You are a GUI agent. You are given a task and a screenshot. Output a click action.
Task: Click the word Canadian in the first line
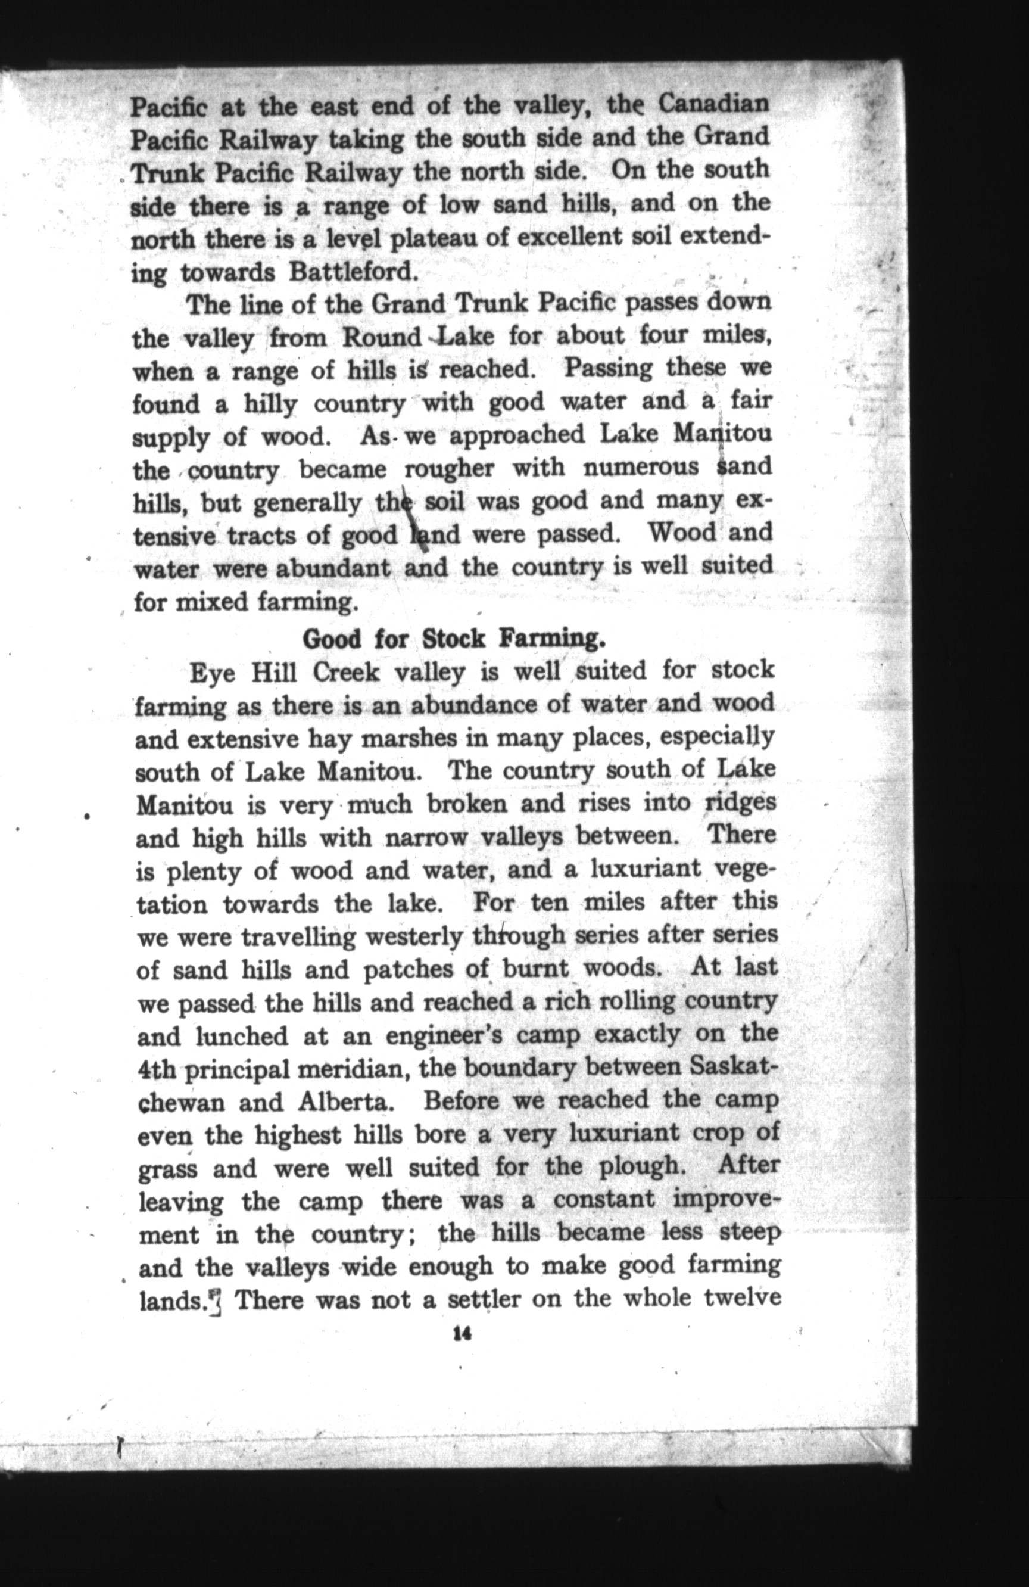click(x=714, y=104)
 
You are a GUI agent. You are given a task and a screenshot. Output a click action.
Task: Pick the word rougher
click(x=449, y=469)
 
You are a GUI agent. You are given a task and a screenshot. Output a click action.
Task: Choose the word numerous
click(x=641, y=468)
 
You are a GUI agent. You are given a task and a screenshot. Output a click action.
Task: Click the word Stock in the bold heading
click(x=454, y=639)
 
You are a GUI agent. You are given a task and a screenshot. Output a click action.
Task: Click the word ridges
click(x=740, y=803)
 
